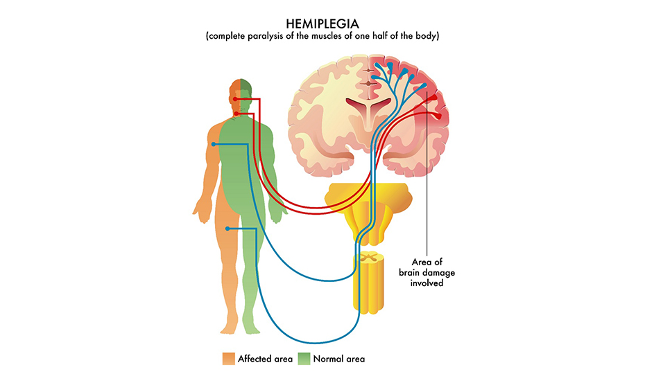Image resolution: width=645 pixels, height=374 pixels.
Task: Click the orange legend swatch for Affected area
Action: [228, 359]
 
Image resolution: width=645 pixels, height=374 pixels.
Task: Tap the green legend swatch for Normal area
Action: [304, 359]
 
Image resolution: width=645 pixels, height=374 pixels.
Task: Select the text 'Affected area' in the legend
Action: [265, 359]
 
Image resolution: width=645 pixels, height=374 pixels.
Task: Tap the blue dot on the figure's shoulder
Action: [215, 144]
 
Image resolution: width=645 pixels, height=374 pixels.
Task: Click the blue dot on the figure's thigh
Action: [228, 229]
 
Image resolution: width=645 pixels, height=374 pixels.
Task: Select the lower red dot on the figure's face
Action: [237, 113]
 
